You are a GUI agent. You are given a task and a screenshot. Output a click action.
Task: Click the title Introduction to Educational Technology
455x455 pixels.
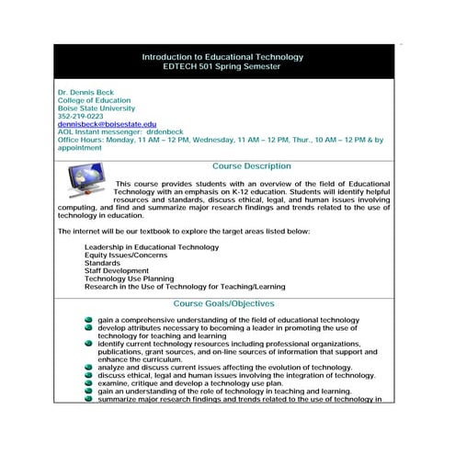pyautogui.click(x=222, y=57)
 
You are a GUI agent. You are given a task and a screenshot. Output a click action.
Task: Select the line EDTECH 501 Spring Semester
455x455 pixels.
pyautogui.click(x=222, y=66)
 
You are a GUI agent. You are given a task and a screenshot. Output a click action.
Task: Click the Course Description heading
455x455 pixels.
pyautogui.click(x=251, y=166)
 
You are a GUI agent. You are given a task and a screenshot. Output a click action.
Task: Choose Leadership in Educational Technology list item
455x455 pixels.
pyautogui.click(x=151, y=247)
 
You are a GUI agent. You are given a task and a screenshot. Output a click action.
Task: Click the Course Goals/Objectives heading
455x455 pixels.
pyautogui.click(x=222, y=303)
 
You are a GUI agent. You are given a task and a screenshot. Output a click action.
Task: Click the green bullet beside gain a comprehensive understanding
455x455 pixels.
pyautogui.click(x=88, y=320)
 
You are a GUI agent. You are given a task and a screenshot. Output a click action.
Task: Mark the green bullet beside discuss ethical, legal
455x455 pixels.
pyautogui.click(x=88, y=375)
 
